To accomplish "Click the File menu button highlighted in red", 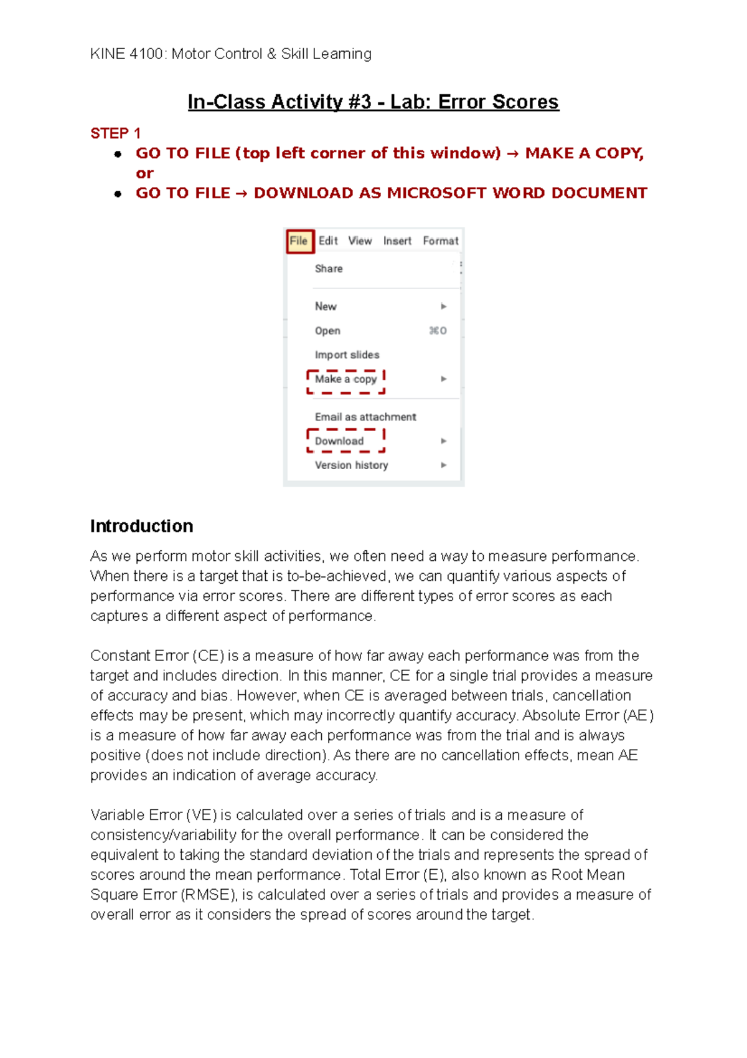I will (x=299, y=241).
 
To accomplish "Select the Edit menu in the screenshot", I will (x=328, y=241).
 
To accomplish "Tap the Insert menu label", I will (x=397, y=241).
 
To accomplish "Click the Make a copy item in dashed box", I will (x=346, y=379).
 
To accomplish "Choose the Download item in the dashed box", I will (x=340, y=441).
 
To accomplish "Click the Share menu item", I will (x=329, y=269).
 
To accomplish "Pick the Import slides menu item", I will (x=347, y=355).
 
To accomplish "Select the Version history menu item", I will (x=351, y=465).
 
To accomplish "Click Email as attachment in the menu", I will (x=365, y=417).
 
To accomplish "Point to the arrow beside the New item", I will (x=444, y=307).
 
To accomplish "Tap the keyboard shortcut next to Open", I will (x=438, y=331).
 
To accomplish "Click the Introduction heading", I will (x=141, y=527).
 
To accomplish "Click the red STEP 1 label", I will (x=115, y=133).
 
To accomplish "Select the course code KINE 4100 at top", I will (x=126, y=54).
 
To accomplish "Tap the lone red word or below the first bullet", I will (x=144, y=174).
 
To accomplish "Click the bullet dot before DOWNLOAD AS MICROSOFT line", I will (x=118, y=194).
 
